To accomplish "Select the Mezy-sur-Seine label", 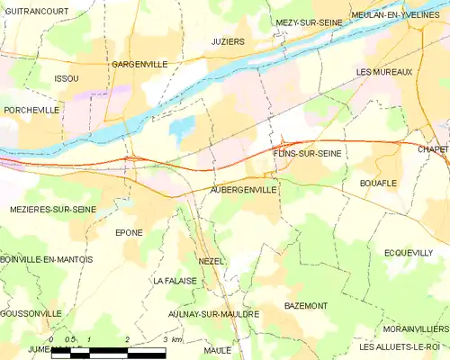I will (x=309, y=22).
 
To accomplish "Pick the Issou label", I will (x=67, y=79).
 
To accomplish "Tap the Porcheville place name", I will (x=31, y=110).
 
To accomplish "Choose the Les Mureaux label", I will (x=383, y=71).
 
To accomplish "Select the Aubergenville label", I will (x=243, y=191).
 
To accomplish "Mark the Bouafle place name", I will (x=378, y=183).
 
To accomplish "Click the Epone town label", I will (x=129, y=232).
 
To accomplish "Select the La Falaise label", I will (x=174, y=281).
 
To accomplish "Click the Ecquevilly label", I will (x=408, y=253).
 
